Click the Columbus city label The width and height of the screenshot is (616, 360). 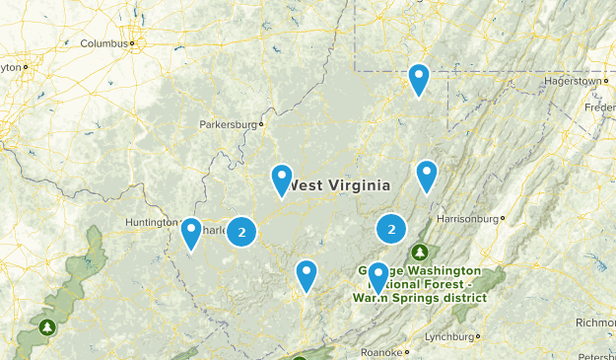pos(104,43)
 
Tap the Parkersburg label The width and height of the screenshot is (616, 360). pos(229,125)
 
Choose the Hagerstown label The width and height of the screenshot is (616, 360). pos(572,80)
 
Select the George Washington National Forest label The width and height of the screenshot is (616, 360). pos(419,283)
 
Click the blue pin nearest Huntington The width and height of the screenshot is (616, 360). pos(191,233)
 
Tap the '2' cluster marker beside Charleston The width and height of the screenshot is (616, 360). pos(241,232)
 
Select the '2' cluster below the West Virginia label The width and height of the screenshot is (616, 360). pos(392,230)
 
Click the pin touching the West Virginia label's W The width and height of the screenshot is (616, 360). pos(282,180)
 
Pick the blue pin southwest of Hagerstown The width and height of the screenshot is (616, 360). pos(419,78)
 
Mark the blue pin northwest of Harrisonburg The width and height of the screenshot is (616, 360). pos(426,175)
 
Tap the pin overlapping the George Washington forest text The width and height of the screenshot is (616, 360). pos(377,277)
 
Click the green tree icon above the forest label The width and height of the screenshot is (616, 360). pos(421,253)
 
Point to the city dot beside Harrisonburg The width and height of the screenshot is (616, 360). pos(503,217)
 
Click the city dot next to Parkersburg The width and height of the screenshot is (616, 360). pos(261,125)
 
